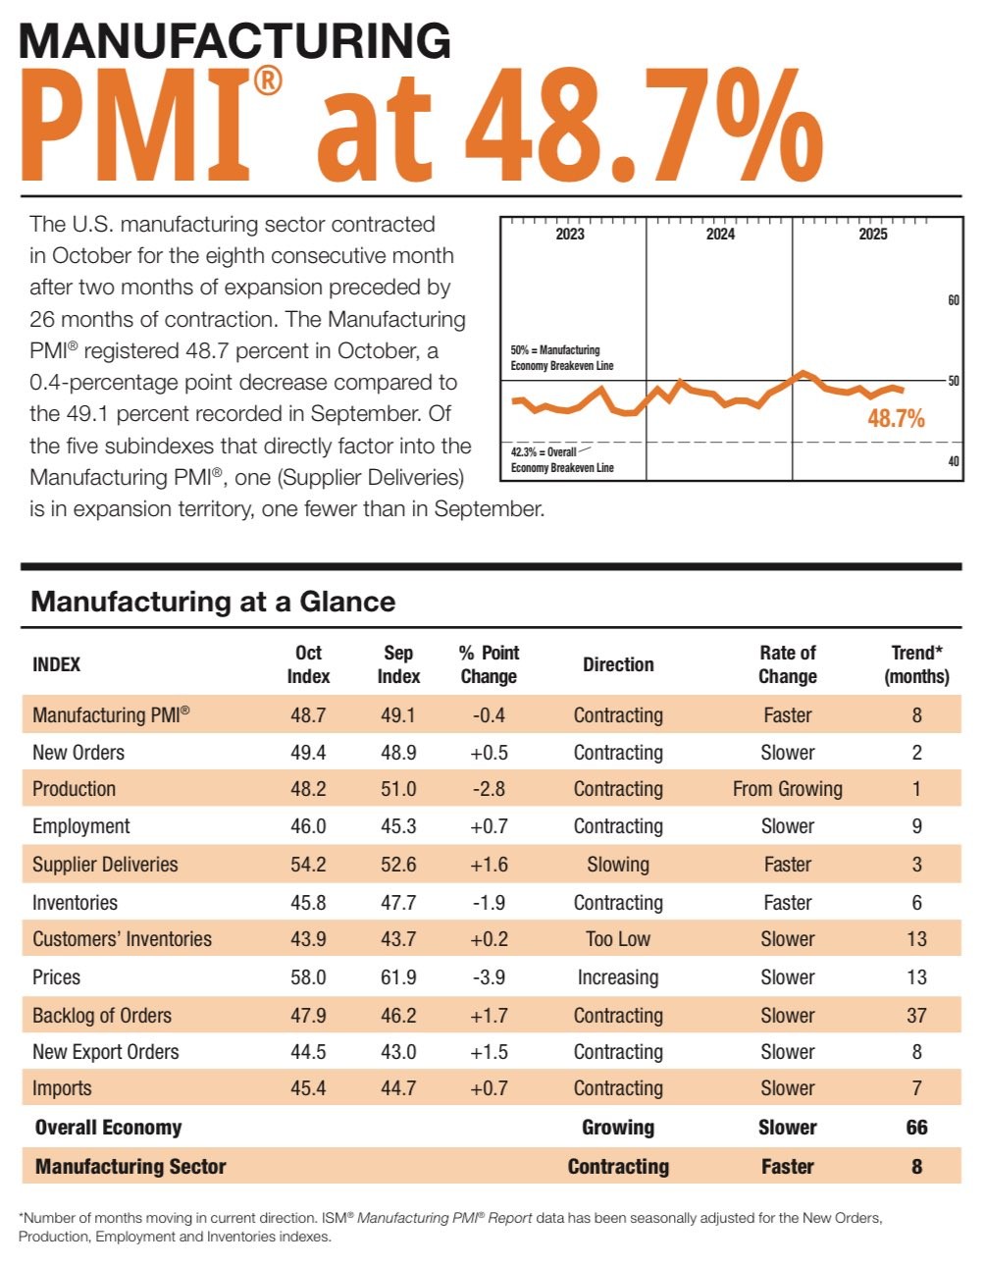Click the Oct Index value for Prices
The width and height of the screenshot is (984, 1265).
(308, 977)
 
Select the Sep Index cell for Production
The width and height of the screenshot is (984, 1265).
(398, 789)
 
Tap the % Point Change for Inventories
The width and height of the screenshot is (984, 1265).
(489, 903)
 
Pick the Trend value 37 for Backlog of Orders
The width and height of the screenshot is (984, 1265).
(916, 1016)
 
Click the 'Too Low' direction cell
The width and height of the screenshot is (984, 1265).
(618, 939)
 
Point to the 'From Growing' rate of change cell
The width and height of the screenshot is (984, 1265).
(787, 789)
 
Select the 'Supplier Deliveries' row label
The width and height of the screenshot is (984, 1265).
(105, 865)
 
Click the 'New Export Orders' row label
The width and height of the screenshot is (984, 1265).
(106, 1052)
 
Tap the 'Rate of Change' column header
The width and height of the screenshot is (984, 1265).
(787, 664)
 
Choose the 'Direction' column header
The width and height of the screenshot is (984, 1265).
(618, 664)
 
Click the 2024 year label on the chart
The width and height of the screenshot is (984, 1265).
(720, 234)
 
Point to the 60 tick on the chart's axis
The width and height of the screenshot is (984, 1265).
(953, 300)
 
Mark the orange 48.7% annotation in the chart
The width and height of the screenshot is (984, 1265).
(896, 419)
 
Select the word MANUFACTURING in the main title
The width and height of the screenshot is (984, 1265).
(235, 41)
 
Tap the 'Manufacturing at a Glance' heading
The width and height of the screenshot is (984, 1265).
(213, 602)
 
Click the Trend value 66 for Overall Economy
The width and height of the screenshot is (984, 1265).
(916, 1128)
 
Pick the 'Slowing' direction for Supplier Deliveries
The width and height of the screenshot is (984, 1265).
(618, 865)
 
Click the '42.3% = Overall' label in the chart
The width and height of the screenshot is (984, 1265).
(544, 452)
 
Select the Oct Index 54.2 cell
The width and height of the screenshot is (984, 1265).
(308, 865)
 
